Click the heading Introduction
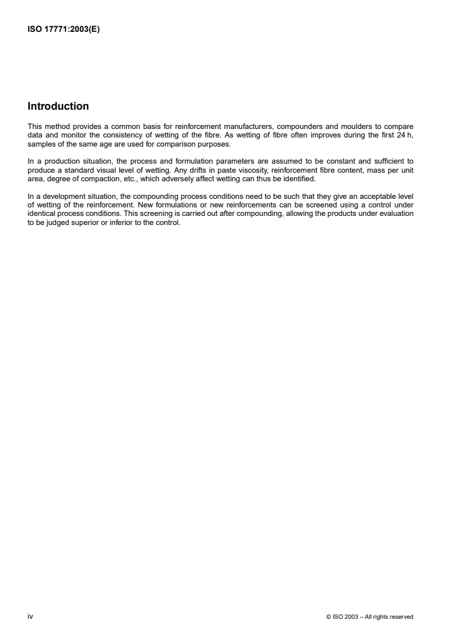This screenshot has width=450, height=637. [x=58, y=106]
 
